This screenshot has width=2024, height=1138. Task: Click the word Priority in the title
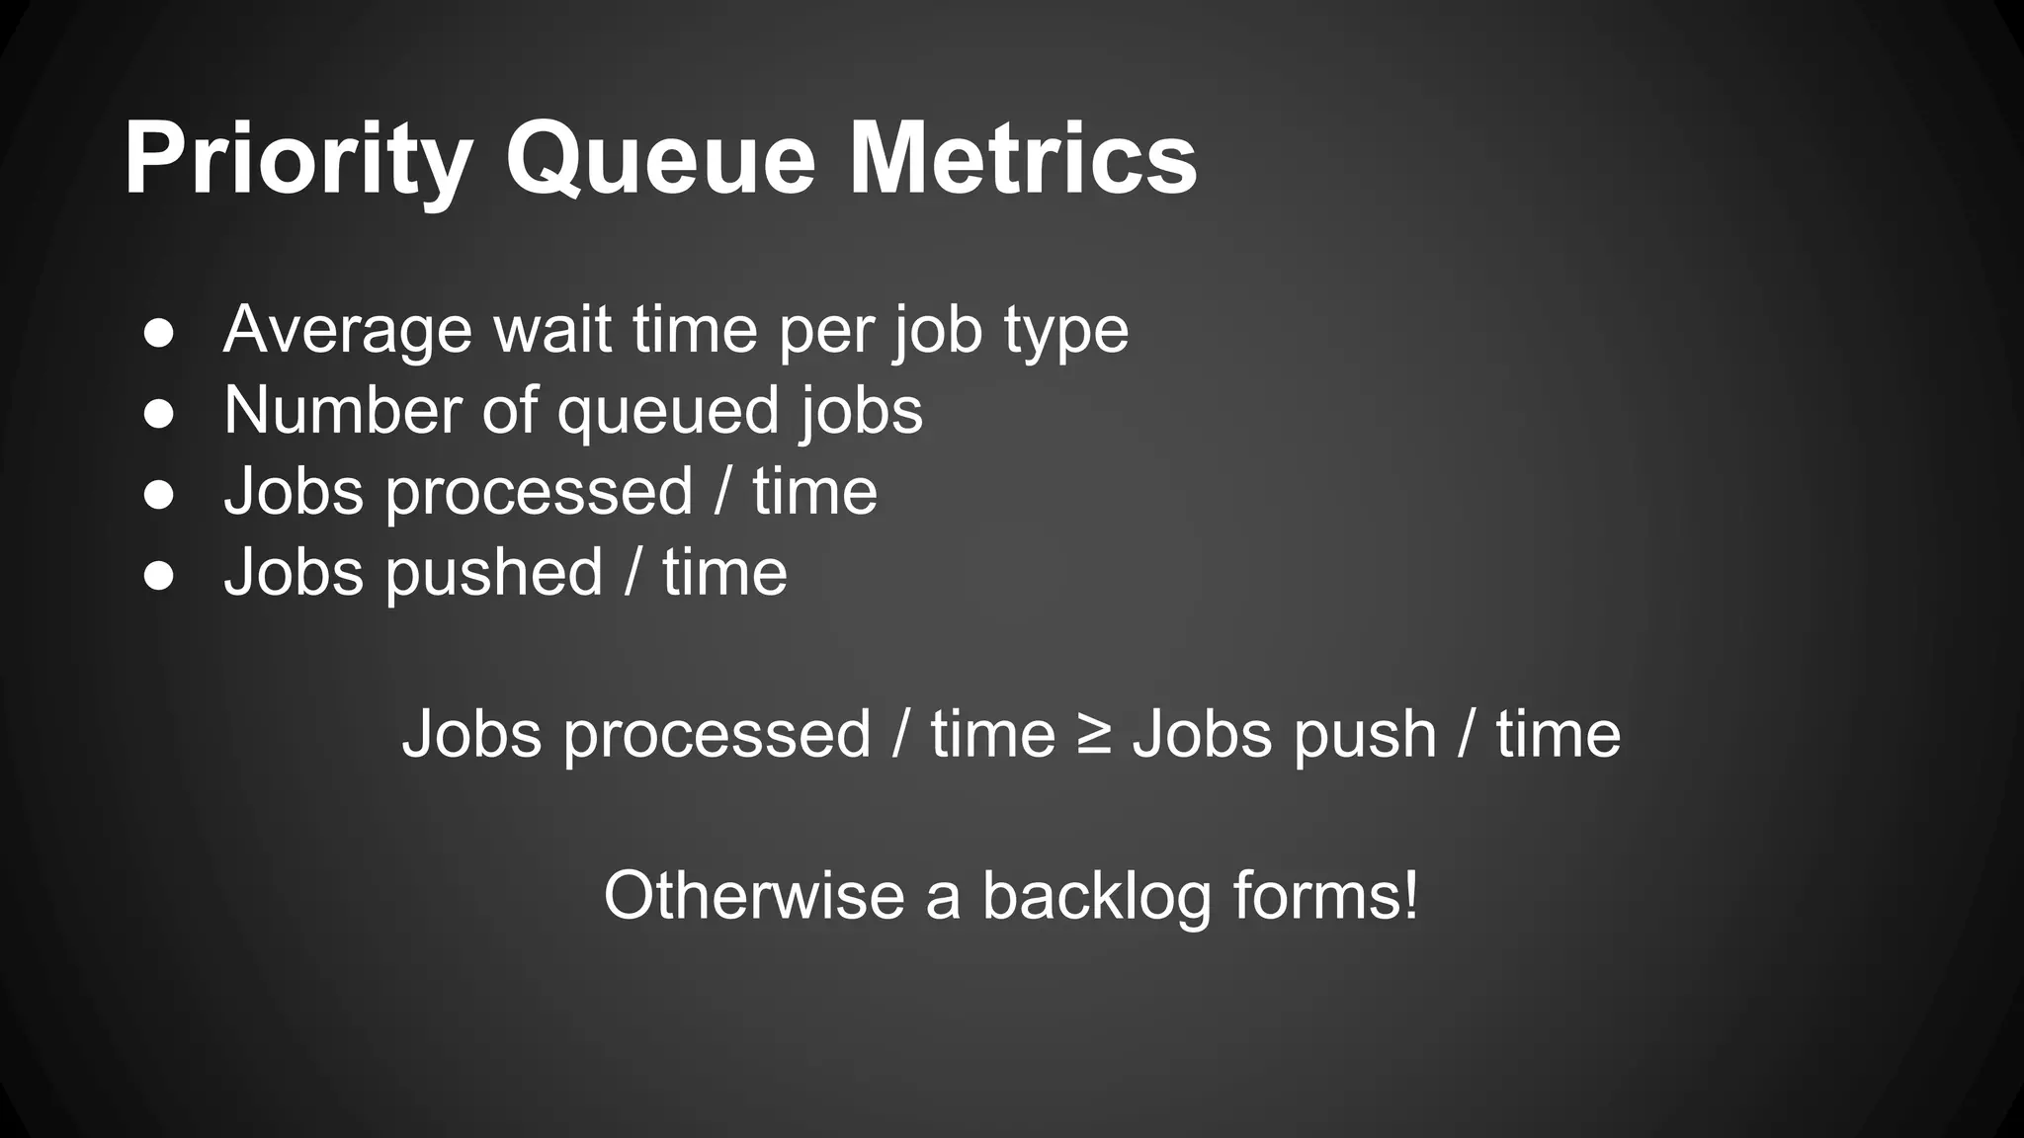click(x=297, y=159)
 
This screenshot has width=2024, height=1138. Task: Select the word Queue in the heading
click(x=660, y=159)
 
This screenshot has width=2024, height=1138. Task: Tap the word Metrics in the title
click(x=1023, y=159)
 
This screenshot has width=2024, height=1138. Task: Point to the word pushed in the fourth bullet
click(x=493, y=573)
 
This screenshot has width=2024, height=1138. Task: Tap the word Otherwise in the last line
click(x=754, y=896)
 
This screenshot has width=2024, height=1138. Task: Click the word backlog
click(x=1096, y=896)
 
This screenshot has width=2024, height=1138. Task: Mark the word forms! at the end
click(x=1325, y=896)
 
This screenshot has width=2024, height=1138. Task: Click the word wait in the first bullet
click(x=552, y=330)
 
